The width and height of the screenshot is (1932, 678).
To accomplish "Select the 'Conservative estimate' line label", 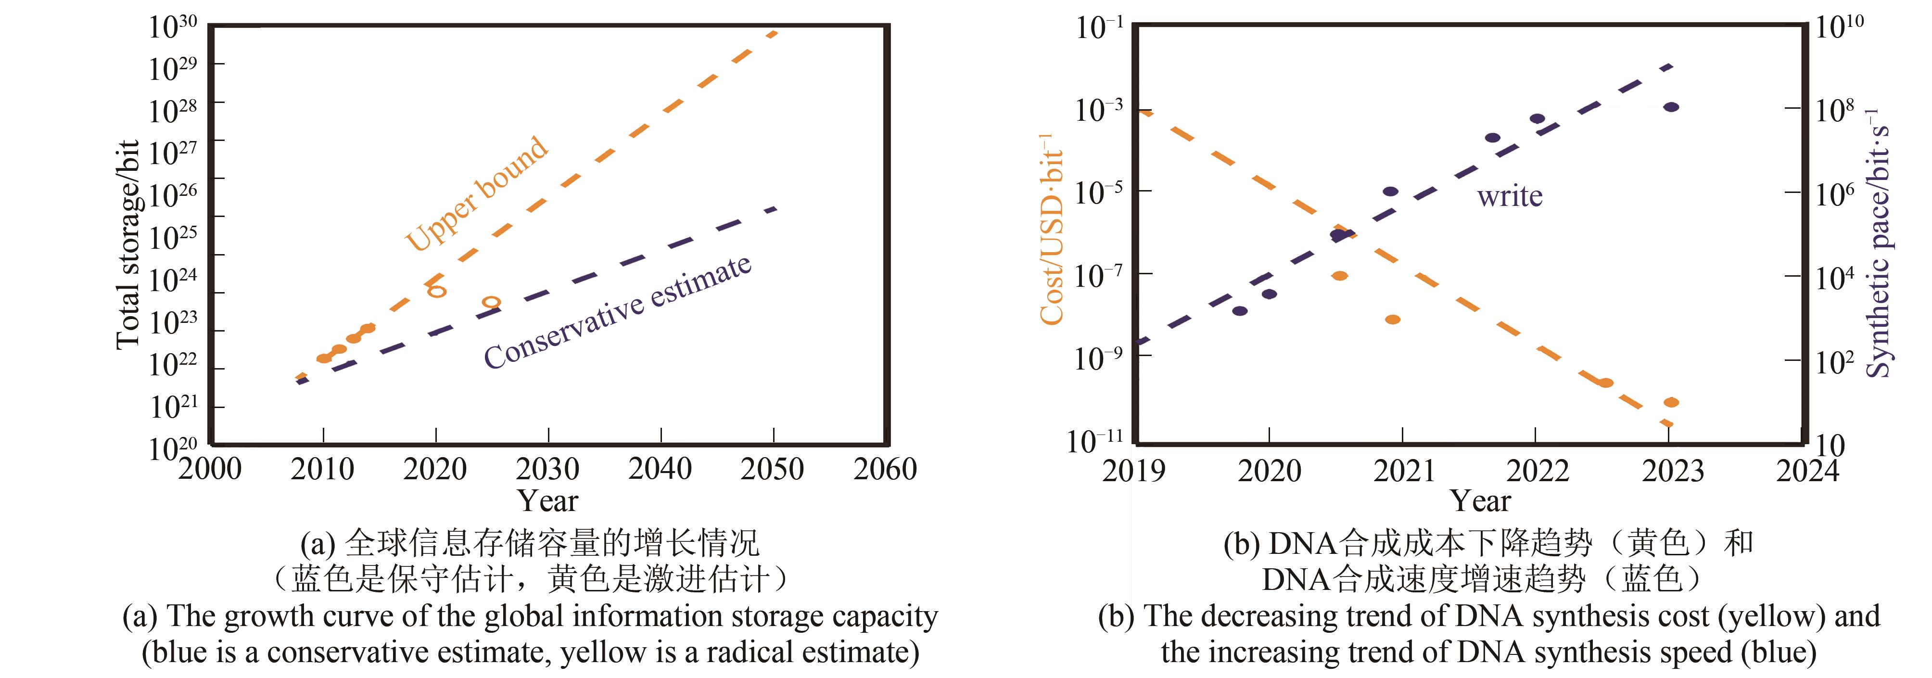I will click(x=617, y=312).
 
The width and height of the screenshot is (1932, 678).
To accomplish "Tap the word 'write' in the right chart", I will click(x=1509, y=196).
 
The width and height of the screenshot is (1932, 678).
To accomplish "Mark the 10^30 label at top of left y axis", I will click(x=173, y=27).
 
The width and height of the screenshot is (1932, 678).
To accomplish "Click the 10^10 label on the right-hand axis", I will click(x=1839, y=27).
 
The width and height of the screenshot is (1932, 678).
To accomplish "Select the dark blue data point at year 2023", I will click(x=1671, y=107).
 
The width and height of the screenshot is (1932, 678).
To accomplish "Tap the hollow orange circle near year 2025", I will click(x=491, y=302).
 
